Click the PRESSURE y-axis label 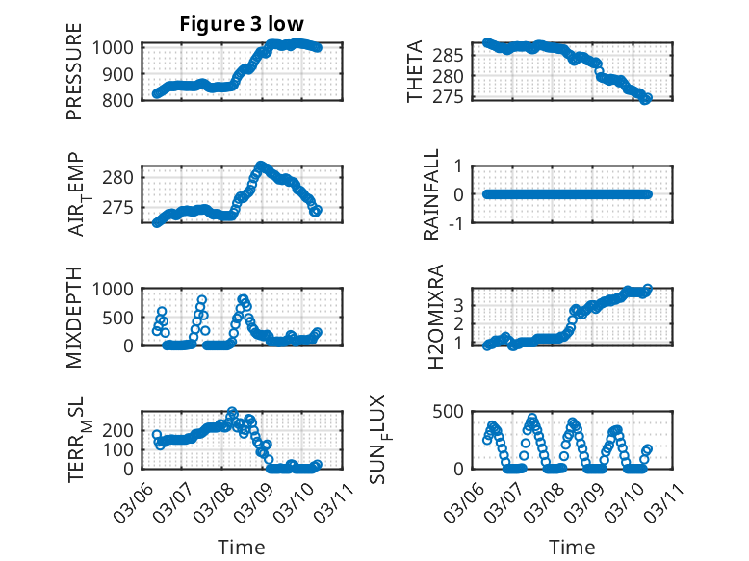pyautogui.click(x=74, y=72)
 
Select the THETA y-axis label pyautogui.click(x=415, y=72)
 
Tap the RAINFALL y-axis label pyautogui.click(x=432, y=194)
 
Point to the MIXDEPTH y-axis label pyautogui.click(x=74, y=317)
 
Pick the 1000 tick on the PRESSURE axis pyautogui.click(x=117, y=47)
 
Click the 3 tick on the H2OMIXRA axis pyautogui.click(x=460, y=304)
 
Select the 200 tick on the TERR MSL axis pyautogui.click(x=121, y=429)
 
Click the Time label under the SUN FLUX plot pyautogui.click(x=572, y=548)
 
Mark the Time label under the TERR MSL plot pyautogui.click(x=241, y=548)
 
